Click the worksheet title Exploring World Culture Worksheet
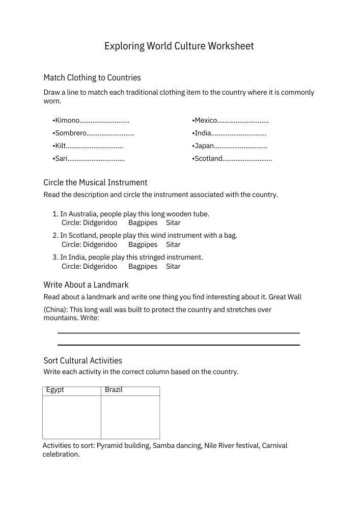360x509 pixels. click(179, 46)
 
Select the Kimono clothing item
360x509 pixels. click(67, 121)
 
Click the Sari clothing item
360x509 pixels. click(61, 159)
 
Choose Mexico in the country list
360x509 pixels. click(206, 121)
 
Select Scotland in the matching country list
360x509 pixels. click(208, 159)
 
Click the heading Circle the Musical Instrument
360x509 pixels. click(95, 182)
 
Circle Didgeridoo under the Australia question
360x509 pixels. click(100, 222)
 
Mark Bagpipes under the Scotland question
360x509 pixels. click(143, 244)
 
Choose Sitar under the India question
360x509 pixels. click(173, 266)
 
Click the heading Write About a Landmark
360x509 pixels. click(86, 285)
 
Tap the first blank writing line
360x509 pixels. click(178, 333)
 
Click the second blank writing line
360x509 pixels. click(178, 345)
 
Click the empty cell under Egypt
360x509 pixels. click(72, 417)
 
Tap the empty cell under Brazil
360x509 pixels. click(130, 417)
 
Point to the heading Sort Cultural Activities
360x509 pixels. click(83, 360)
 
